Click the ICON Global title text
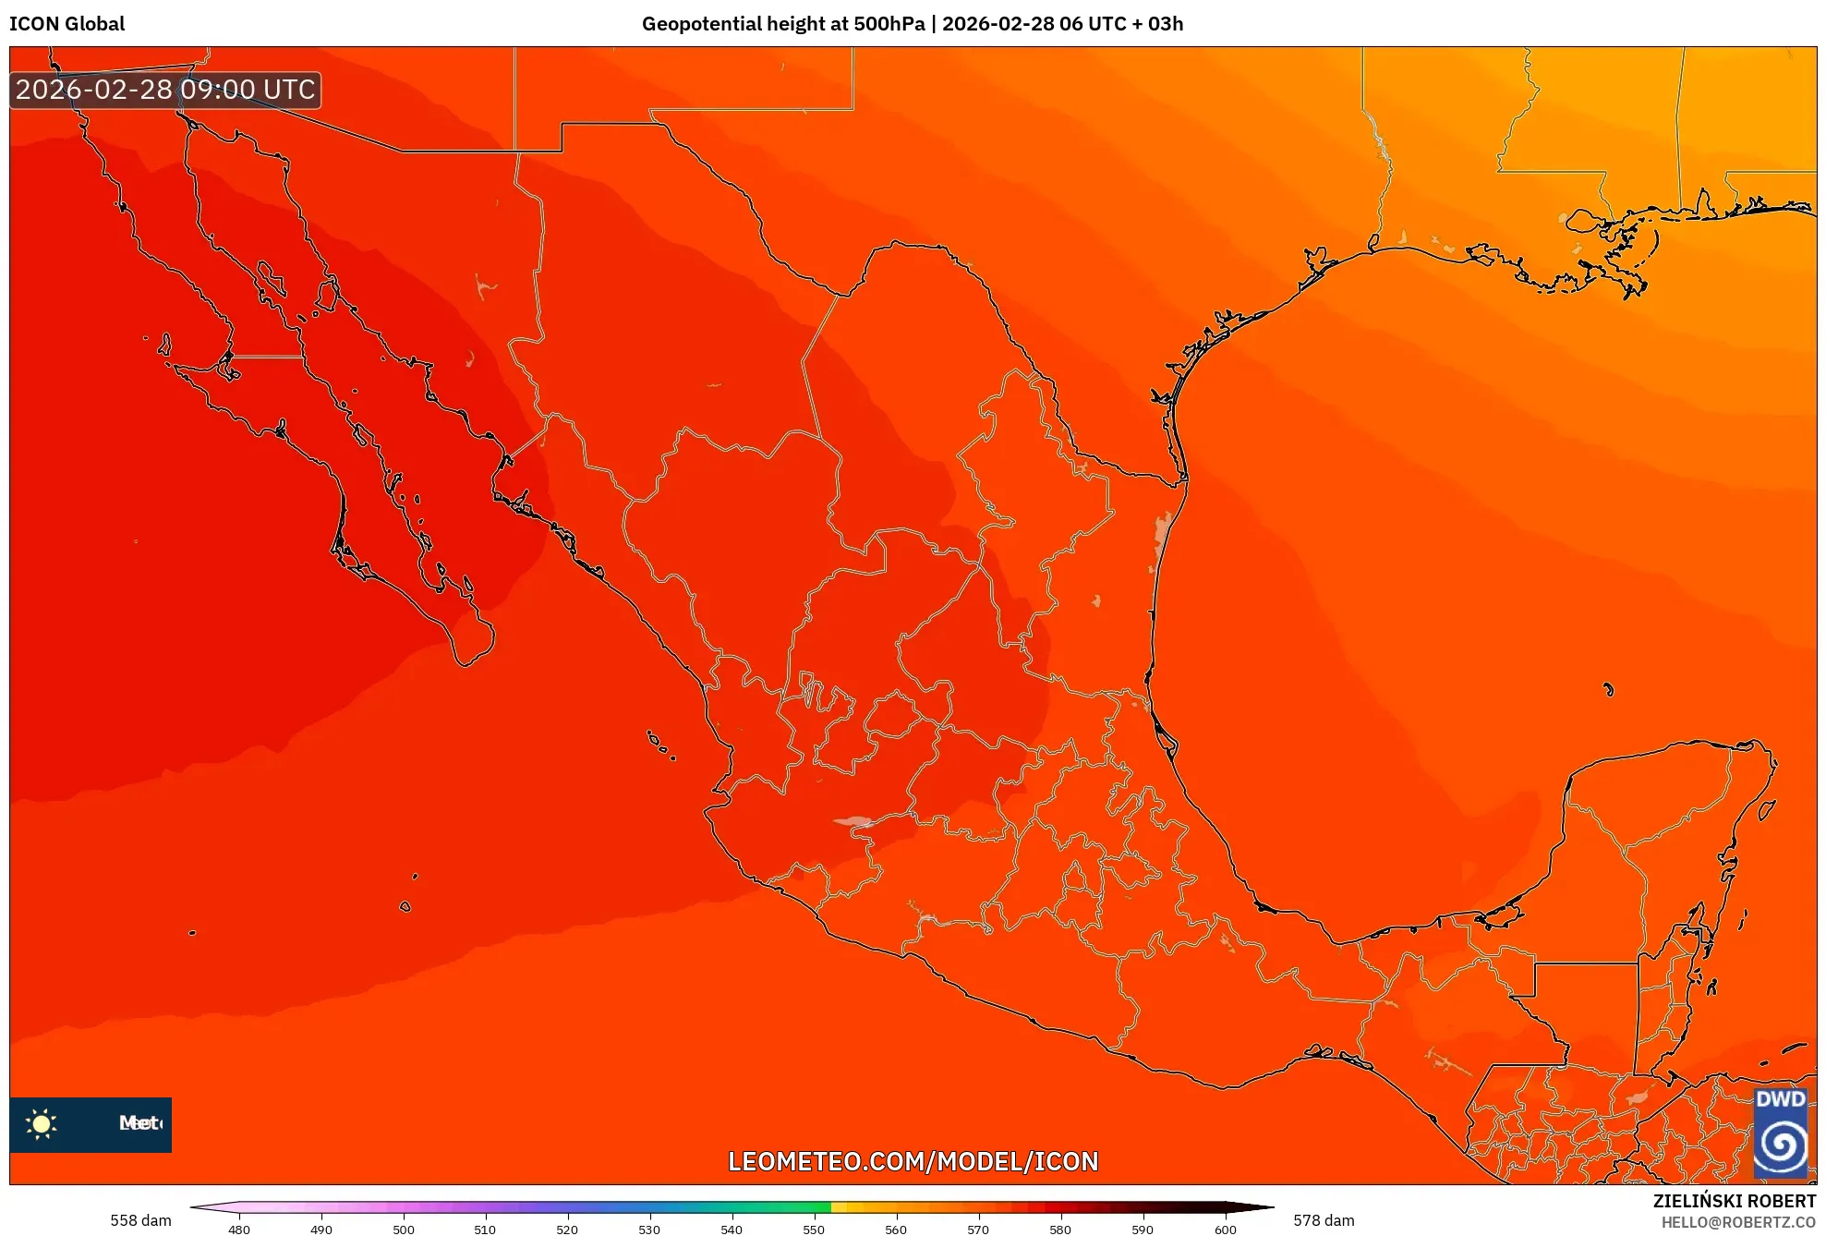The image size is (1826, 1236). (x=67, y=24)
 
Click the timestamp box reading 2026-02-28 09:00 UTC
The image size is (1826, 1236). (x=165, y=90)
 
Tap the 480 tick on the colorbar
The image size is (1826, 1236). (x=239, y=1229)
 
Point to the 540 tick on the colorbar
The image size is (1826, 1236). (x=732, y=1229)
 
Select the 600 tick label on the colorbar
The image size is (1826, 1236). (x=1225, y=1229)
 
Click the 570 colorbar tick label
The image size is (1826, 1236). (x=978, y=1229)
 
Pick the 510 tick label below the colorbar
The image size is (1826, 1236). (x=485, y=1229)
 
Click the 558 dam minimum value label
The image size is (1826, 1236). (x=140, y=1220)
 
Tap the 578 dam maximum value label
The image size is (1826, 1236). (x=1324, y=1220)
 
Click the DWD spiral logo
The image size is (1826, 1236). (x=1781, y=1144)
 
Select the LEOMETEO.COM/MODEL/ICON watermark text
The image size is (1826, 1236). (x=913, y=1161)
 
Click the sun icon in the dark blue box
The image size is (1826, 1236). (x=42, y=1123)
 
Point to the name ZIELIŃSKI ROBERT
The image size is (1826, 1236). (x=1734, y=1201)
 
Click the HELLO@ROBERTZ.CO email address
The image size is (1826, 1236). (x=1738, y=1222)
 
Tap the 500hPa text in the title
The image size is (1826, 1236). (x=889, y=24)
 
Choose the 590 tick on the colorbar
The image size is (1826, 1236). (x=1143, y=1229)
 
